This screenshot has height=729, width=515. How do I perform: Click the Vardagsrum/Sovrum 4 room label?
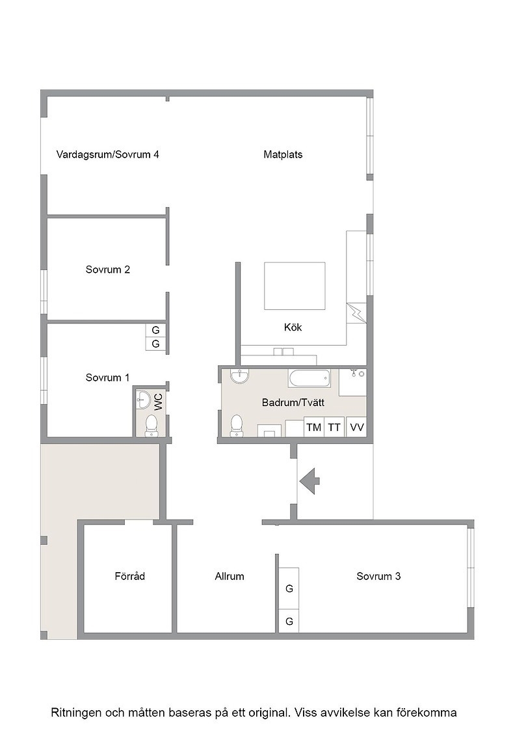tap(108, 154)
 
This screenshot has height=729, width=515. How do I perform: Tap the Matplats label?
tap(283, 154)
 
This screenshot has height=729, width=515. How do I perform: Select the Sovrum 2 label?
tap(108, 269)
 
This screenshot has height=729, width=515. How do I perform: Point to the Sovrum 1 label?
tap(107, 378)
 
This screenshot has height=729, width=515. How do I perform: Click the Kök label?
tap(293, 327)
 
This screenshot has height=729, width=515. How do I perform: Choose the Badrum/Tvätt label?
tap(293, 403)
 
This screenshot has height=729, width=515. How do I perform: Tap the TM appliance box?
tap(314, 427)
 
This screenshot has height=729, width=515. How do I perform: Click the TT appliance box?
tap(334, 427)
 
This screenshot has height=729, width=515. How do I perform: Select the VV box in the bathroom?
tap(356, 427)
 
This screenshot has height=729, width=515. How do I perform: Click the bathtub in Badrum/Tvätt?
tap(310, 378)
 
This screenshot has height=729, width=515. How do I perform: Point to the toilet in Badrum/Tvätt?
tap(237, 426)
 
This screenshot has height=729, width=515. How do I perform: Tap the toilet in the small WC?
tap(151, 426)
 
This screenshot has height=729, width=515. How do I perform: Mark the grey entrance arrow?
tap(310, 481)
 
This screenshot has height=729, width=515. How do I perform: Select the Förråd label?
tap(129, 577)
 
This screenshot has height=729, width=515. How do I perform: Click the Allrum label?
tap(230, 577)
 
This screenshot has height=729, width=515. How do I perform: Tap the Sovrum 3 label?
tap(378, 577)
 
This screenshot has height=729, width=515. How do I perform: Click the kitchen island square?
tap(295, 286)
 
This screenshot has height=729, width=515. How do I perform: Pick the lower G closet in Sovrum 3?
tap(289, 621)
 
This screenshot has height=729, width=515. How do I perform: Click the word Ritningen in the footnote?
tap(77, 713)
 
